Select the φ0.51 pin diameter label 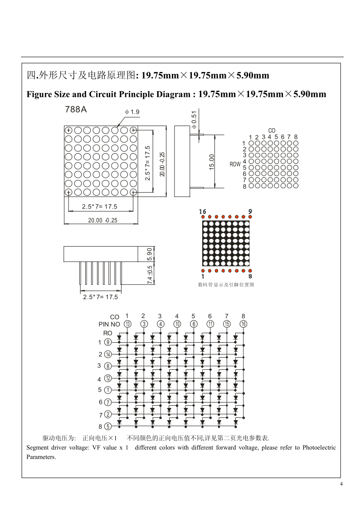(x=194, y=120)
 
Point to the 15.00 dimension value (x=212, y=162)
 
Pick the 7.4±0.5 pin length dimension (x=150, y=274)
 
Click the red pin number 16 (x=203, y=211)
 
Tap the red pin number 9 (x=250, y=211)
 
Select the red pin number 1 (x=203, y=276)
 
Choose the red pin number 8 (x=250, y=276)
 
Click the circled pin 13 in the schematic (x=128, y=324)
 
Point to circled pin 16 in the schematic (x=243, y=324)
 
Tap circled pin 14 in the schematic (x=108, y=354)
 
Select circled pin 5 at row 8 (x=108, y=426)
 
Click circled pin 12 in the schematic (x=108, y=378)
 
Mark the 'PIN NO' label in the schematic (x=109, y=324)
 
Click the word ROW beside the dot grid (x=235, y=165)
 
